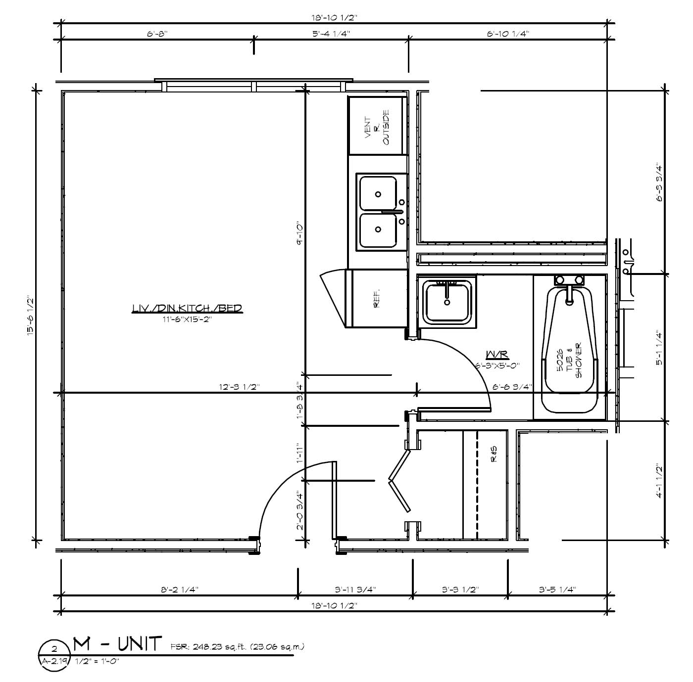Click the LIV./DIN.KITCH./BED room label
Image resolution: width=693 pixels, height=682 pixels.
187,308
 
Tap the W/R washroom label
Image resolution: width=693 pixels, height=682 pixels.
497,355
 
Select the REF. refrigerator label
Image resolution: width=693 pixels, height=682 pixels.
377,299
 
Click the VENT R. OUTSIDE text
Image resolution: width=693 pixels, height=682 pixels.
377,127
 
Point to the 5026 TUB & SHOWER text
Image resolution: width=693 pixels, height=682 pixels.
569,361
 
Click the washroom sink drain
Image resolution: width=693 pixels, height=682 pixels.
447,303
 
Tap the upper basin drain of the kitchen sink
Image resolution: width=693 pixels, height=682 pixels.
378,194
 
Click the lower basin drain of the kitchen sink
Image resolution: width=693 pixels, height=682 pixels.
378,229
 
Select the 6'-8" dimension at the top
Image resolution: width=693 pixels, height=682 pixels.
157,34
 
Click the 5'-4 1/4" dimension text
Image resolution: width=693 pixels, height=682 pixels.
331,34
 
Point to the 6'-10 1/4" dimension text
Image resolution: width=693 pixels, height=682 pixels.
508,34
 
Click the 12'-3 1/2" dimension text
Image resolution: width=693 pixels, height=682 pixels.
239,387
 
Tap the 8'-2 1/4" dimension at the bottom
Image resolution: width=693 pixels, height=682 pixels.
180,590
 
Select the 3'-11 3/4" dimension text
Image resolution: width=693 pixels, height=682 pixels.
355,590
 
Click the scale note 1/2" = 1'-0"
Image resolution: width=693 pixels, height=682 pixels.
97,661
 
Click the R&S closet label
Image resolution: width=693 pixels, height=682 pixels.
494,454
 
